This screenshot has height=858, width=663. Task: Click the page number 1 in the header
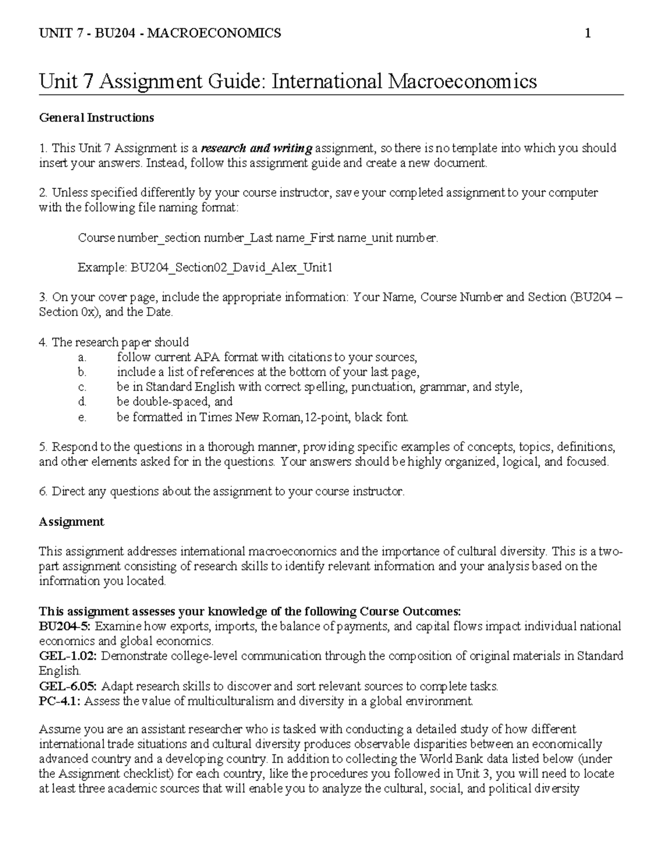pyautogui.click(x=588, y=34)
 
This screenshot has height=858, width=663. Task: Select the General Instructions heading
pyautogui.click(x=96, y=118)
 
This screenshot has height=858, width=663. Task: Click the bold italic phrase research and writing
pyautogui.click(x=256, y=148)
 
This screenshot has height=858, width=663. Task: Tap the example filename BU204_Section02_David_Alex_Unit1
pyautogui.click(x=204, y=268)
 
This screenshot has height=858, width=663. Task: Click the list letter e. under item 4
pyautogui.click(x=82, y=417)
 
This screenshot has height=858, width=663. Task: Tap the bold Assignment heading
pyautogui.click(x=71, y=522)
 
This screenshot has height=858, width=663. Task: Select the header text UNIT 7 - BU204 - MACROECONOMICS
pyautogui.click(x=160, y=34)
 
